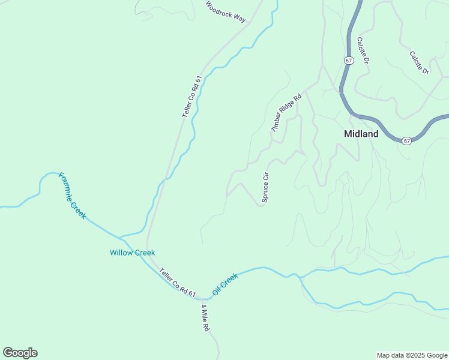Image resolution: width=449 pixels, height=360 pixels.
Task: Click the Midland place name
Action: point(361,134)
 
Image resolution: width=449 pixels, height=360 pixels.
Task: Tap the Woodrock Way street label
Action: point(226,11)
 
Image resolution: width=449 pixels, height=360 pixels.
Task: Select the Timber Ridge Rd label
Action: point(286,113)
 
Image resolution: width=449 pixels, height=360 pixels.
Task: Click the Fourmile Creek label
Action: point(72,196)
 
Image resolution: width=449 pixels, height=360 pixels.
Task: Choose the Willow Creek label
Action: point(133,253)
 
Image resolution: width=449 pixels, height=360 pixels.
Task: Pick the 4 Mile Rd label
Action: point(206,318)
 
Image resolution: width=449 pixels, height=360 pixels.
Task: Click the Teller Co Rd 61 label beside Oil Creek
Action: point(178,283)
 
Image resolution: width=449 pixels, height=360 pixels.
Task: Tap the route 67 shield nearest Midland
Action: point(407,141)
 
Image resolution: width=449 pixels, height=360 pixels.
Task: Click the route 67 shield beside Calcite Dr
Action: point(349,61)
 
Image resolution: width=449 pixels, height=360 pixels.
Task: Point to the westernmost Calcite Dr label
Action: point(362,51)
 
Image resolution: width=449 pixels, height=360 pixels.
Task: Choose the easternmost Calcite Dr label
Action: point(419,62)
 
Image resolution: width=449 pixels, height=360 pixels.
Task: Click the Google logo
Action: point(20,353)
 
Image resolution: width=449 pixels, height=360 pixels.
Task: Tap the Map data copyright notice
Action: point(411,355)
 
